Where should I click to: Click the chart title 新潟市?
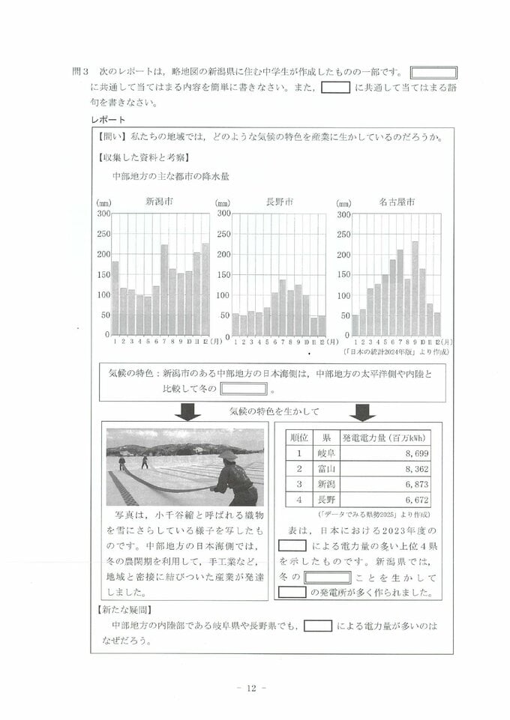(159, 202)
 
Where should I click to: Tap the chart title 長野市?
(279, 202)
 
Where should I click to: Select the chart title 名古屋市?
(397, 202)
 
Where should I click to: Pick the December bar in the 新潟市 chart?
(205, 288)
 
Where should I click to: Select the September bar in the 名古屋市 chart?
(415, 288)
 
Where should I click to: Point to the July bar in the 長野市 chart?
(283, 307)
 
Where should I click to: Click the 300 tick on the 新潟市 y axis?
(103, 214)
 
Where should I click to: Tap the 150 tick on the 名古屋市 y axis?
(343, 275)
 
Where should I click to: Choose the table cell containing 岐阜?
(326, 453)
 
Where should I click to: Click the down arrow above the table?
(364, 412)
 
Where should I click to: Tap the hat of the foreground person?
(227, 455)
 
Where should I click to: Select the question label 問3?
(80, 73)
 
